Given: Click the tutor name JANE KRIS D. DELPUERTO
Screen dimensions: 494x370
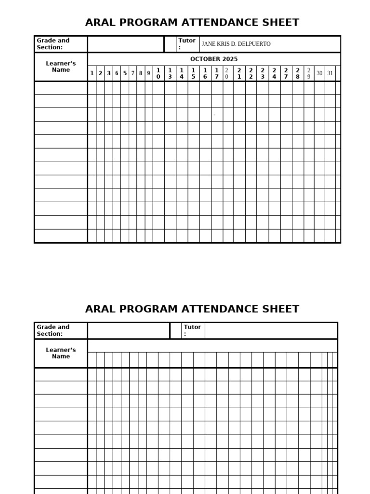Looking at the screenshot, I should pos(236,44).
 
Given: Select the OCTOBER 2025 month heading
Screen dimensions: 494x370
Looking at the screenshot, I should pos(213,59).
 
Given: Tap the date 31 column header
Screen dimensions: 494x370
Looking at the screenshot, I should pos(330,73).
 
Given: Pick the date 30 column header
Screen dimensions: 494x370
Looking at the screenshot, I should pos(319,73).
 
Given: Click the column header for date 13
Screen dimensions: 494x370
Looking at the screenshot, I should pos(170,73).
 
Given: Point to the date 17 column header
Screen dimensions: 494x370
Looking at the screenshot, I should pos(217,73).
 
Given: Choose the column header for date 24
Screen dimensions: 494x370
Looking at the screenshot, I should pos(274,73).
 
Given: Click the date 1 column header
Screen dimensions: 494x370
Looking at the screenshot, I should pos(92,73).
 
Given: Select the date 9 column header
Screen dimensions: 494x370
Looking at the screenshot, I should pos(149,73).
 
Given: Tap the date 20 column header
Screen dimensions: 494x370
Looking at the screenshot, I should pos(227,73).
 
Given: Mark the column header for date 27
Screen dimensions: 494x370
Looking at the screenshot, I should pos(286,73).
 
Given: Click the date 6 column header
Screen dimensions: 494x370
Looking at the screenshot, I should pos(117,73).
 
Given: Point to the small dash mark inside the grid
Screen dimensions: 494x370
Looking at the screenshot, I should pos(214,115).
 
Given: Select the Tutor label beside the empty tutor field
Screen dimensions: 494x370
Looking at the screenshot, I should pos(192,330).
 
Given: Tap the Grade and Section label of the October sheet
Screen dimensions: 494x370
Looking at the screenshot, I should pos(53,44).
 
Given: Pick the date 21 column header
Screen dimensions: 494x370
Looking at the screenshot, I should pos(239,73).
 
